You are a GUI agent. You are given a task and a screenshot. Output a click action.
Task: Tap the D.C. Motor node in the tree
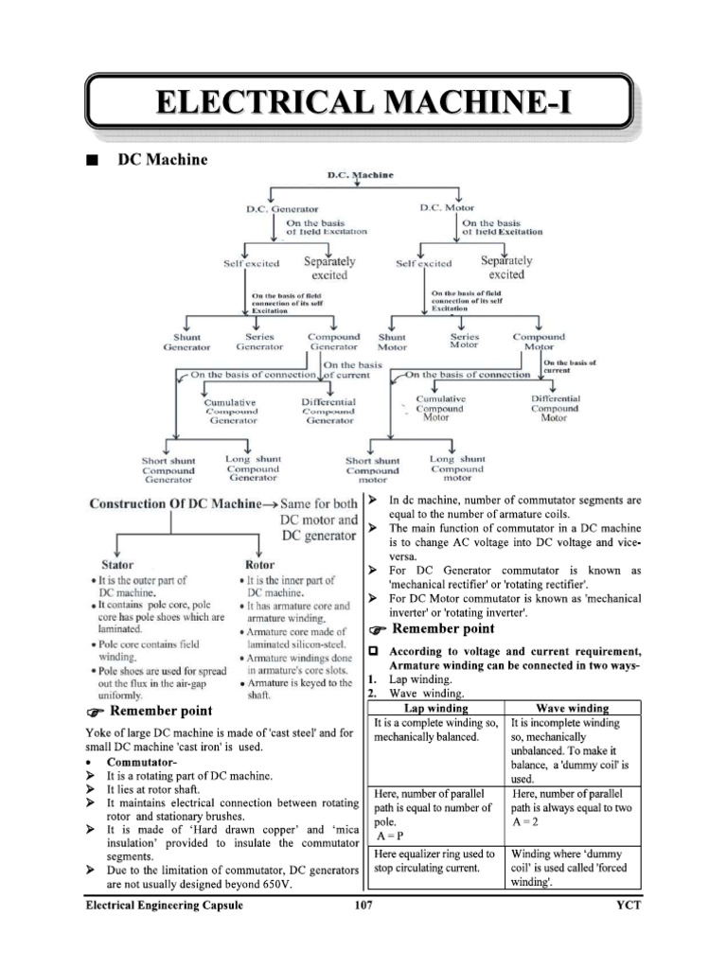(x=446, y=207)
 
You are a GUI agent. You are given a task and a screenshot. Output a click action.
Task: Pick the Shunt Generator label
(x=186, y=342)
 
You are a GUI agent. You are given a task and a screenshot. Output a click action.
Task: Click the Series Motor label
(x=464, y=341)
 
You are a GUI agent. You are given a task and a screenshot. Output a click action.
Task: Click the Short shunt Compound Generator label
(x=168, y=470)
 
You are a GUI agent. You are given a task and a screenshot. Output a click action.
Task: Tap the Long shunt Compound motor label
(x=456, y=468)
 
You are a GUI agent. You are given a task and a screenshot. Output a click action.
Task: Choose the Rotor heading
(x=260, y=564)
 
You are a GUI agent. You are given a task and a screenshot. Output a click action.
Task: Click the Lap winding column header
(x=434, y=707)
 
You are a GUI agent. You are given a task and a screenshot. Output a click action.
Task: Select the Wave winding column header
(x=572, y=707)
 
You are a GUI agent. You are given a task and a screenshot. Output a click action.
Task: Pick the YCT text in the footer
(x=629, y=906)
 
